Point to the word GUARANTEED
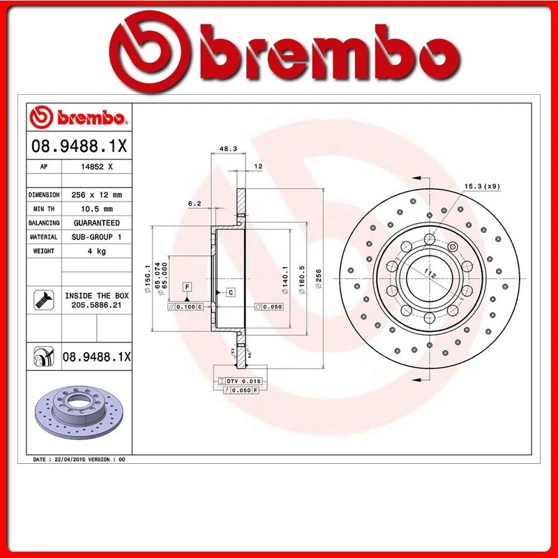[x=96, y=223]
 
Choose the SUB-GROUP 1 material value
[x=96, y=236]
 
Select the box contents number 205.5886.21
[x=96, y=305]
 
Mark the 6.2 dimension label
[x=195, y=203]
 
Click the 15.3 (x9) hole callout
[x=482, y=186]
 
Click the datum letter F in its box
[x=187, y=287]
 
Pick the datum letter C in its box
[x=230, y=292]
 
